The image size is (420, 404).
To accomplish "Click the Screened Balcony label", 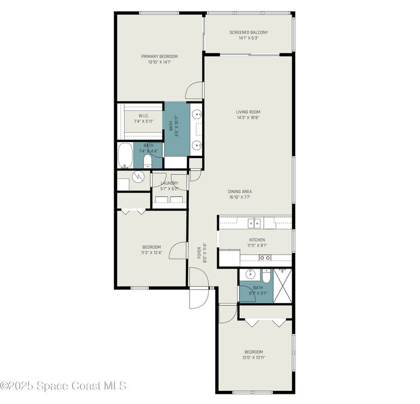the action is pyautogui.click(x=249, y=32).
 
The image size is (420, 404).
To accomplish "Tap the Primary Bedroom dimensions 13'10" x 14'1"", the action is pyautogui.click(x=160, y=62).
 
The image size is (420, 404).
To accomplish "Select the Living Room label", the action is pyautogui.click(x=248, y=112).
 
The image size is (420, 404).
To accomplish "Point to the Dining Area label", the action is pyautogui.click(x=240, y=191).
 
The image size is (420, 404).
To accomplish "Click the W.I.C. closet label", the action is pyautogui.click(x=144, y=116).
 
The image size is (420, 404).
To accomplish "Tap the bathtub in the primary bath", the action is pyautogui.click(x=125, y=156).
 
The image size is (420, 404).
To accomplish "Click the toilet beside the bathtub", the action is pyautogui.click(x=148, y=161).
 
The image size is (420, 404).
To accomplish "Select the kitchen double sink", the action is pyautogui.click(x=254, y=223).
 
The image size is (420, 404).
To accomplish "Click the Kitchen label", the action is pyautogui.click(x=257, y=240).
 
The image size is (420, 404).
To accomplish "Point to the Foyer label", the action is pyautogui.click(x=199, y=253).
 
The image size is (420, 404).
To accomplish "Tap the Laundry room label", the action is pyautogui.click(x=169, y=183).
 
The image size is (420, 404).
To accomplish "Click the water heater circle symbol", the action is pyautogui.click(x=138, y=176).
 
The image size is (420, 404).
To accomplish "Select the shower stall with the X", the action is pyautogui.click(x=283, y=286).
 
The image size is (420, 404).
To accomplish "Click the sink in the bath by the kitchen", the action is pyautogui.click(x=250, y=274).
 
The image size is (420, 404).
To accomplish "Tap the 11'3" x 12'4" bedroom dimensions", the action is pyautogui.click(x=152, y=252).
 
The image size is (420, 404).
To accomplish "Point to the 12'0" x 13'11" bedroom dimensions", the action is pyautogui.click(x=254, y=358).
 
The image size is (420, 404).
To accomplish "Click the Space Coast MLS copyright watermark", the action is pyautogui.click(x=63, y=386).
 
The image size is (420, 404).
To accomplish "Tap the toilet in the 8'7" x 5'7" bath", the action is pyautogui.click(x=266, y=276).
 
